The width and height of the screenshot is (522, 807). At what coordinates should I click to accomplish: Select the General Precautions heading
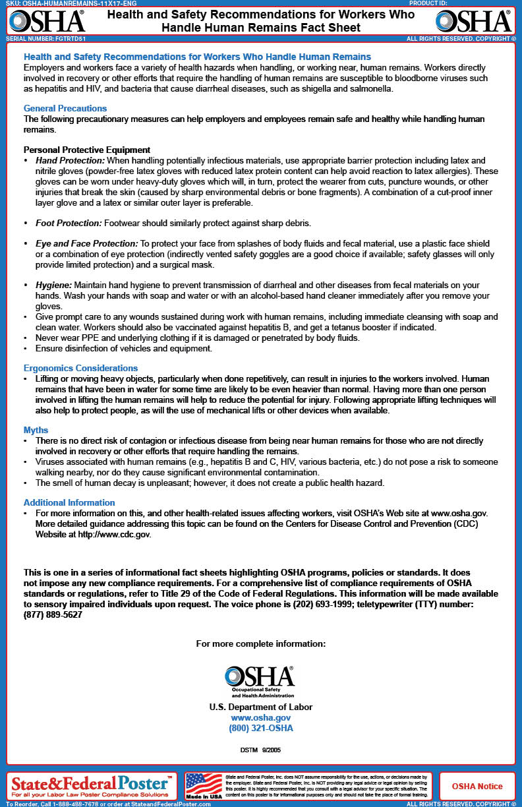[65, 108]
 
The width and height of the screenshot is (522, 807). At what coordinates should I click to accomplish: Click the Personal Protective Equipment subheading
[87, 150]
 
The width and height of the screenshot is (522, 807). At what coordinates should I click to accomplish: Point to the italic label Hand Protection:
[70, 161]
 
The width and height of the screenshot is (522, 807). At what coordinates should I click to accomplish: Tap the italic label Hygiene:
[54, 285]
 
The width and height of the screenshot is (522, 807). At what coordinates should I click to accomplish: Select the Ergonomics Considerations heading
[80, 368]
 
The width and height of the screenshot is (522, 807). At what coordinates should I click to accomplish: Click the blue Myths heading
[36, 430]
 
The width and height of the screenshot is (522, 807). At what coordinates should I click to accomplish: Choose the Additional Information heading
[69, 502]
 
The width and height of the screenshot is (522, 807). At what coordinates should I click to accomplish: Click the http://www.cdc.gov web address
[115, 535]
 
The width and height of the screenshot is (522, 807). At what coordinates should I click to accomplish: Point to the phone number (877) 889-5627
[53, 614]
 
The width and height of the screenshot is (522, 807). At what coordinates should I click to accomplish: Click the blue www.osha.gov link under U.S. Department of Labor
[260, 717]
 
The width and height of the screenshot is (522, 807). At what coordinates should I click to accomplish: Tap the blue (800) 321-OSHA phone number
[260, 729]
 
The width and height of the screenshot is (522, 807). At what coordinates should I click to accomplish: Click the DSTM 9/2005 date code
[260, 750]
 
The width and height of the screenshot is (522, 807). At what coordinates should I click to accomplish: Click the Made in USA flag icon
[204, 785]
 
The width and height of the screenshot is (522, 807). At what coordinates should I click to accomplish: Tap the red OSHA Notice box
[477, 786]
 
